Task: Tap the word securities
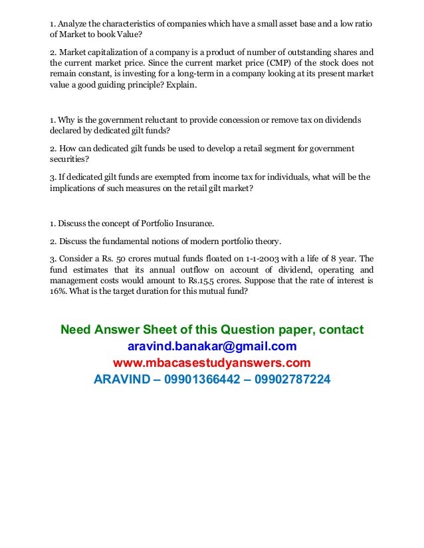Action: click(69, 160)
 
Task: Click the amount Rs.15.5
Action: click(203, 281)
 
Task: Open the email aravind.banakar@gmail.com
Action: click(211, 346)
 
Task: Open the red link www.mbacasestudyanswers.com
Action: click(211, 363)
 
